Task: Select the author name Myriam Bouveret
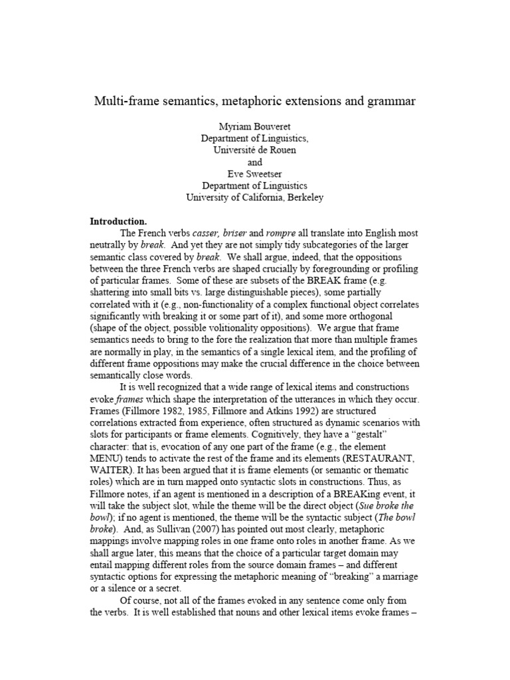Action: [x=255, y=127]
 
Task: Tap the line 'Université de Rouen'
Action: [x=255, y=151]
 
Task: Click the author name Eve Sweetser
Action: [x=255, y=174]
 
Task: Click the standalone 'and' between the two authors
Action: [x=255, y=162]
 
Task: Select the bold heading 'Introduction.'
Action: [x=118, y=221]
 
